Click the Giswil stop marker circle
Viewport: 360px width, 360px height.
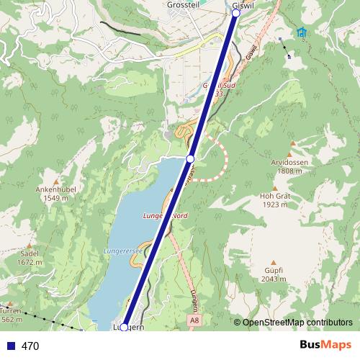(236, 13)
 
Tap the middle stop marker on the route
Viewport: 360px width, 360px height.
(190, 158)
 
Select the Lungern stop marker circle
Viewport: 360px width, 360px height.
(124, 327)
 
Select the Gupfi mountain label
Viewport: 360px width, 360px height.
(273, 270)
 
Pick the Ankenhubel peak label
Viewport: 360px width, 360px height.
(55, 189)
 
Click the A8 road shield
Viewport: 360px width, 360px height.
(194, 319)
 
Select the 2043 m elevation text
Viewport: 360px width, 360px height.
(273, 279)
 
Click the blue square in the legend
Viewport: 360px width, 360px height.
(10, 346)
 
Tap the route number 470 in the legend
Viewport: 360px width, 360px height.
(30, 346)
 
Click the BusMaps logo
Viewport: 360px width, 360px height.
(325, 346)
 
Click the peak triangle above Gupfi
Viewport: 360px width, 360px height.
(273, 262)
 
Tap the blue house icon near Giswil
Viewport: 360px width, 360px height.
(301, 32)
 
